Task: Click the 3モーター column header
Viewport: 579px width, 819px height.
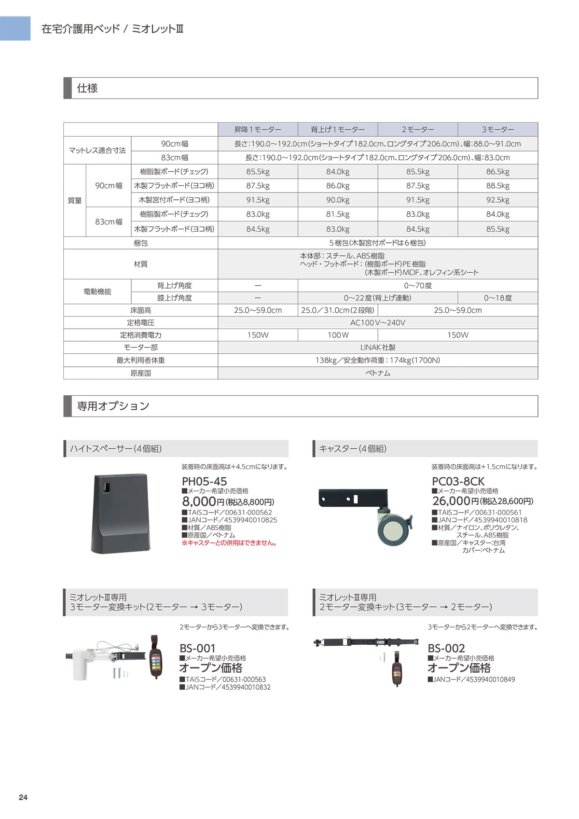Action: click(497, 129)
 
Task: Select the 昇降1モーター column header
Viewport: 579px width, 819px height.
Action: click(258, 129)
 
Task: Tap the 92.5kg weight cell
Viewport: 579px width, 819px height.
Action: click(497, 200)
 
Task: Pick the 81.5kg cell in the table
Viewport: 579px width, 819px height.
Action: click(338, 214)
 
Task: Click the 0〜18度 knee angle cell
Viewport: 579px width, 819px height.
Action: click(497, 298)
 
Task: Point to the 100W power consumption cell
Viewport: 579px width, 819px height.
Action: click(338, 335)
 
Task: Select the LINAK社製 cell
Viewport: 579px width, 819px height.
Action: click(377, 347)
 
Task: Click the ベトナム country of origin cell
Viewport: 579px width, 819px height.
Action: click(377, 373)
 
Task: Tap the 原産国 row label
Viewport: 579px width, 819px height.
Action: click(140, 373)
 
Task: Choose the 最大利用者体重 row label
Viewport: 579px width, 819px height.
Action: click(140, 360)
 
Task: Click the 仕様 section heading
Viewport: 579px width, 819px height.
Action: click(87, 88)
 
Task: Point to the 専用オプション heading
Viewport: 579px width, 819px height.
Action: click(113, 406)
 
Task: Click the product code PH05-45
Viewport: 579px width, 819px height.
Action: click(204, 481)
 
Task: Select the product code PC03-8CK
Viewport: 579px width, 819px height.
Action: click(458, 481)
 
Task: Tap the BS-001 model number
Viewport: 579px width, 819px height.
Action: click(197, 648)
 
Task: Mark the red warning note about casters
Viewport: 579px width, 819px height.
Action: click(229, 543)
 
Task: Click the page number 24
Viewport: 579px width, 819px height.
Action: click(23, 797)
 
